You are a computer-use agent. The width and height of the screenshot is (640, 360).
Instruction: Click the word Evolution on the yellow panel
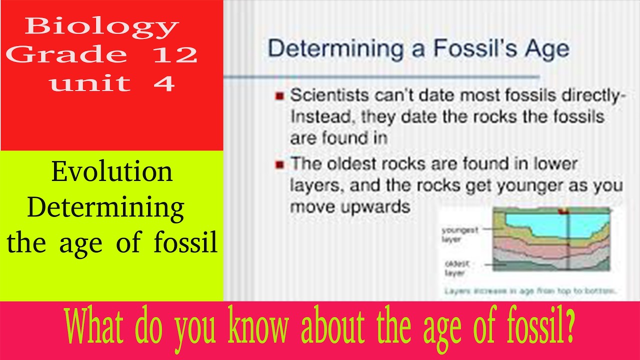click(x=112, y=172)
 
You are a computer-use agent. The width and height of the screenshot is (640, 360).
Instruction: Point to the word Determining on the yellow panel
click(x=106, y=207)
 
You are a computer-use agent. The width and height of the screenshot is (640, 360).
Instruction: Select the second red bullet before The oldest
click(x=280, y=163)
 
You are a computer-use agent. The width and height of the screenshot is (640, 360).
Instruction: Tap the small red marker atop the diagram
click(x=564, y=211)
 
